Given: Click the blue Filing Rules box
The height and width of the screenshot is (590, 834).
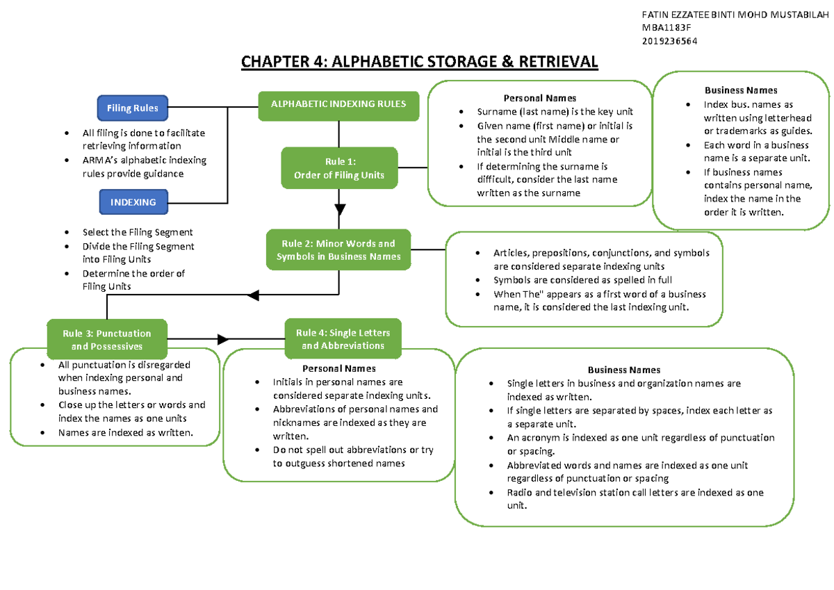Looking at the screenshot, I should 132,108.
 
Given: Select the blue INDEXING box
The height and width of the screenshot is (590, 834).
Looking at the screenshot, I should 132,202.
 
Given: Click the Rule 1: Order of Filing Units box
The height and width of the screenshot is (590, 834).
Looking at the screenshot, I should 338,168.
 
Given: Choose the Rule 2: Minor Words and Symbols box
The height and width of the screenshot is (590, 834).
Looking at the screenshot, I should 338,250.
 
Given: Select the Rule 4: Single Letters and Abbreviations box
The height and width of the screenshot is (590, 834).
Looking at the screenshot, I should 343,338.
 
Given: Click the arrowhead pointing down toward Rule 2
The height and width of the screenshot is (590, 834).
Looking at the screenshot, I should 339,209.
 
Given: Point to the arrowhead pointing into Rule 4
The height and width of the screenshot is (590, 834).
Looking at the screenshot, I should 222,339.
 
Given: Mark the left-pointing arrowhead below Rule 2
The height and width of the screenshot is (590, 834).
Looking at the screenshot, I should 253,295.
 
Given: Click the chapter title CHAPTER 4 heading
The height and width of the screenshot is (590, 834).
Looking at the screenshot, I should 419,62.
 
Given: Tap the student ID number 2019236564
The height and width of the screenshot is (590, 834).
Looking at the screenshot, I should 671,40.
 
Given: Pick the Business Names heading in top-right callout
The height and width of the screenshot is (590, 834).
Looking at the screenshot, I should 741,90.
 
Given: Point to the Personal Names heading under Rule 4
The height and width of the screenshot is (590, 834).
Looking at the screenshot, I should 339,368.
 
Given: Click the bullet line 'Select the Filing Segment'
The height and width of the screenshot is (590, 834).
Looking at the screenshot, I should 137,232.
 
